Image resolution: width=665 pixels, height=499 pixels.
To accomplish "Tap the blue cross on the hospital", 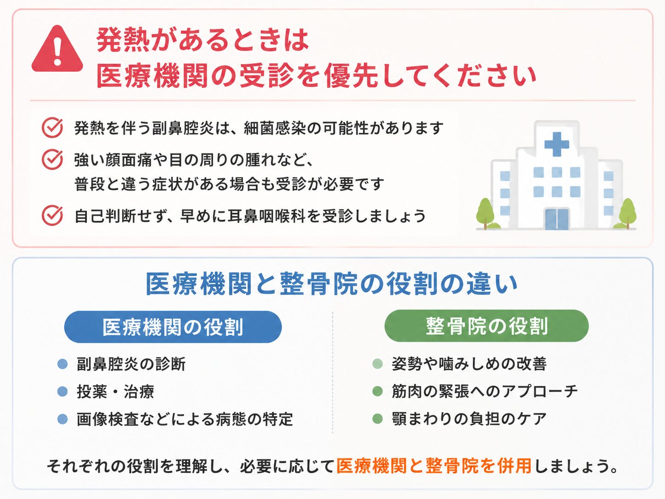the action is [557, 144].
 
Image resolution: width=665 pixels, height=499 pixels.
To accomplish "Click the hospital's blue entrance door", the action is [557, 219].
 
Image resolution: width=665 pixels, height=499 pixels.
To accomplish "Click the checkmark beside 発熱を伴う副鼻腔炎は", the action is [52, 128].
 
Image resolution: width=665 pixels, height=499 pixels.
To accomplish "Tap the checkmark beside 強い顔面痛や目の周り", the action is [52, 159].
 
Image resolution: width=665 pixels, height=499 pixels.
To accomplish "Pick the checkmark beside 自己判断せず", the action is [52, 215].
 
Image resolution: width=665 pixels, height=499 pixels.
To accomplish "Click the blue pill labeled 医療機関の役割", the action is [173, 327].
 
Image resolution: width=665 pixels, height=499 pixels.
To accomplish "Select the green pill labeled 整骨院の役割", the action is [486, 326].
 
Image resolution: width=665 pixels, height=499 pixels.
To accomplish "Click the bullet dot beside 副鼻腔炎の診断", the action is [62, 363].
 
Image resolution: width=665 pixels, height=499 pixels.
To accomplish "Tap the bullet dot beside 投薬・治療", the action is [62, 391].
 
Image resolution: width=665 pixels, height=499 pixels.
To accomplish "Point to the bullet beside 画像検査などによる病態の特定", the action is [62, 419].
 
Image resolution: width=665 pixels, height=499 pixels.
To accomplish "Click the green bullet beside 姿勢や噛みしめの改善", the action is [378, 363].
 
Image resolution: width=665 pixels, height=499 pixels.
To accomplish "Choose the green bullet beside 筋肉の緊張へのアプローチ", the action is [378, 391].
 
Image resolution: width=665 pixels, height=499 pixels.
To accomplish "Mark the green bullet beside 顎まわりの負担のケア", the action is [378, 419].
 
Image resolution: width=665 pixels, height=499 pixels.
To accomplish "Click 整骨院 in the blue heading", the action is [319, 284].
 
